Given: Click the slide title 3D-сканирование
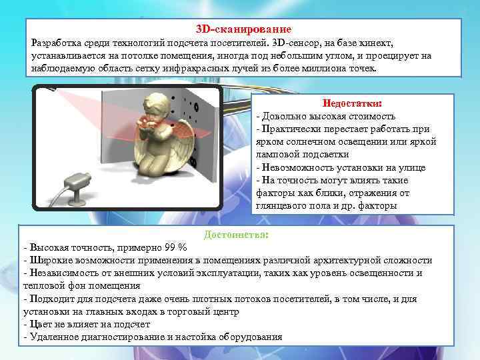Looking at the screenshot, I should click(243, 30).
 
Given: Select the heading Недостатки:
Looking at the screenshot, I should click(352, 104).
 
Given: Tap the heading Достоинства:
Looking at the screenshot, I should click(237, 235).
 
